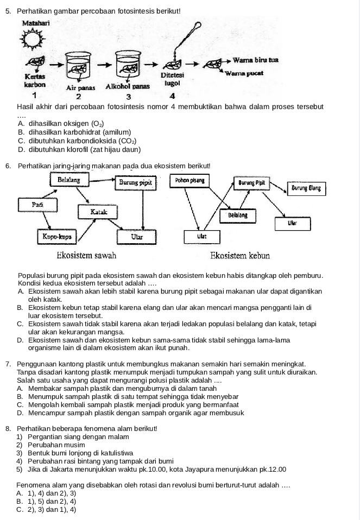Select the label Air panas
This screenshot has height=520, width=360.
[x=80, y=87]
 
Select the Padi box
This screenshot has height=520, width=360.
[x=37, y=205]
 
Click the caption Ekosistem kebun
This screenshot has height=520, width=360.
[x=240, y=255]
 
